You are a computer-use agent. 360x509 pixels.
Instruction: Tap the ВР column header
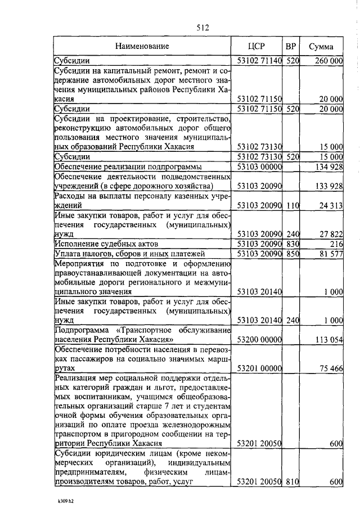point(291,46)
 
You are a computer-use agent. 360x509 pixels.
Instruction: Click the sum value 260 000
point(328,60)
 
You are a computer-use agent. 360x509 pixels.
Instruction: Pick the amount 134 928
point(328,166)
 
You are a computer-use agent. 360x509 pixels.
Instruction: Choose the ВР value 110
point(291,206)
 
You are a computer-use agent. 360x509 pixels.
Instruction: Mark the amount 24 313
point(330,206)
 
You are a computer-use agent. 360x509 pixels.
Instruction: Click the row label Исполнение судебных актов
point(106,244)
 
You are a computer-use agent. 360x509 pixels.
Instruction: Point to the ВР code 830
point(291,244)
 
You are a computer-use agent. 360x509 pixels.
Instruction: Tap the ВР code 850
point(291,254)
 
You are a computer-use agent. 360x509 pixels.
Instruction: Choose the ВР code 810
point(291,482)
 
